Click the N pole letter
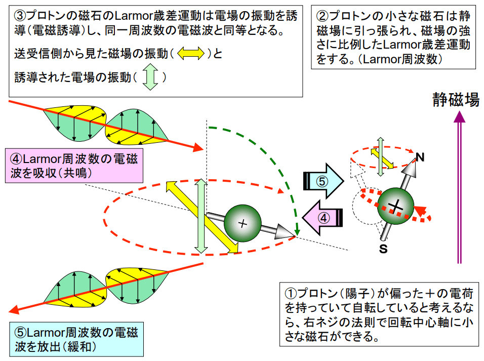point(419,157)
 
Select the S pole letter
point(383,248)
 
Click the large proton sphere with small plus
point(243,223)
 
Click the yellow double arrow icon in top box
point(190,53)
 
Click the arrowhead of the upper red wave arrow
point(199,147)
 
